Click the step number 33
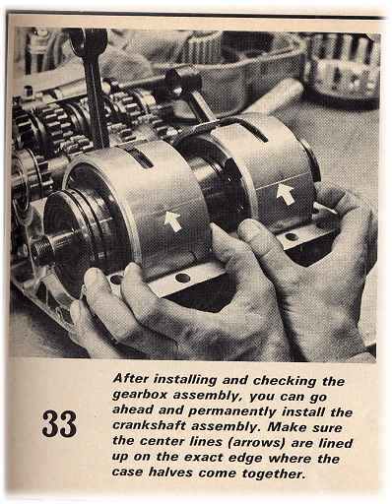click(59, 423)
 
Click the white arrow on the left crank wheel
click(173, 220)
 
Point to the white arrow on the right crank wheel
click(286, 194)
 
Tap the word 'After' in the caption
click(130, 378)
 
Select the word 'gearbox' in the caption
click(140, 395)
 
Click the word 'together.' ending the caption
click(272, 473)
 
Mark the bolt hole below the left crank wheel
click(182, 279)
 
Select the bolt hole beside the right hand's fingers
click(292, 236)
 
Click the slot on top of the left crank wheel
click(138, 157)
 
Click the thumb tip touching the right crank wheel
click(248, 228)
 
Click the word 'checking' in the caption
click(285, 381)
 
